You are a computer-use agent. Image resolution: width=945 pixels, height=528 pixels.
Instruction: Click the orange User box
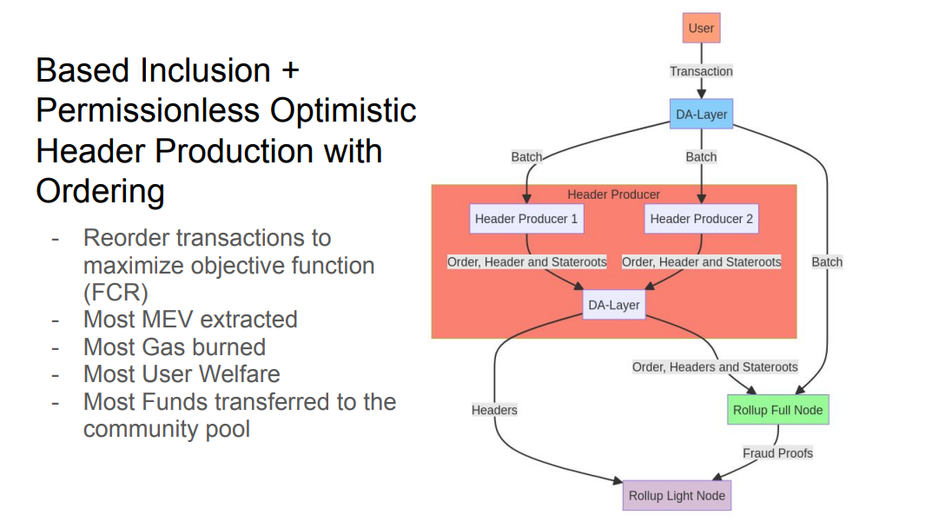click(x=701, y=28)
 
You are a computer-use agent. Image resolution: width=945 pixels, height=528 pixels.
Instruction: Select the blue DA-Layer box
click(x=701, y=114)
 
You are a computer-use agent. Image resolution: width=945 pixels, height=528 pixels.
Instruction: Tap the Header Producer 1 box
click(x=525, y=219)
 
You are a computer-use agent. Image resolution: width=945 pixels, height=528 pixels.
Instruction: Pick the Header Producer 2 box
click(x=701, y=219)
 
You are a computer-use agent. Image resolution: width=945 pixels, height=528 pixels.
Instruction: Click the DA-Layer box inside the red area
click(x=615, y=305)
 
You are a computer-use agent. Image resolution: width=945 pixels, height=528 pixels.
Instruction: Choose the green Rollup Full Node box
click(x=777, y=410)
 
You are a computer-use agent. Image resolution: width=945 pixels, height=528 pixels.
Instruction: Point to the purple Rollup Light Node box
click(x=677, y=496)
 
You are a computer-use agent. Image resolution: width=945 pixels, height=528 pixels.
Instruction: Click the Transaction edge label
click(x=701, y=71)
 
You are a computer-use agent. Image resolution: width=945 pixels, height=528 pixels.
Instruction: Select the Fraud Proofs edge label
click(x=777, y=452)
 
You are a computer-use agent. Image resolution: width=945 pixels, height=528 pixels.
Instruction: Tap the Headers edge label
click(x=494, y=410)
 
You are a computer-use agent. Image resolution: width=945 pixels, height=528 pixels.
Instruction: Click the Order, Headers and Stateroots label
click(x=715, y=367)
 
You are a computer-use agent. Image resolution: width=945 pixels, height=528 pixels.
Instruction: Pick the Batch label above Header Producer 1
click(x=526, y=157)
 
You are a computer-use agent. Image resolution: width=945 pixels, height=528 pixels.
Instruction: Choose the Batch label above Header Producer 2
click(x=701, y=157)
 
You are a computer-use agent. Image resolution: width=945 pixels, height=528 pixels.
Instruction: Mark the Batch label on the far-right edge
click(x=827, y=261)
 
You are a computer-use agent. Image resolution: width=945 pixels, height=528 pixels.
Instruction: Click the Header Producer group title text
click(x=614, y=195)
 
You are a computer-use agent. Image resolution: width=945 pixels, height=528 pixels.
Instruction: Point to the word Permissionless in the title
click(x=148, y=111)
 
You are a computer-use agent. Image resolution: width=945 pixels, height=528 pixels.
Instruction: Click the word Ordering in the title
click(x=100, y=191)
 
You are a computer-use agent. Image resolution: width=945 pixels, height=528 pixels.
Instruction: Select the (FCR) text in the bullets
click(x=111, y=292)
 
